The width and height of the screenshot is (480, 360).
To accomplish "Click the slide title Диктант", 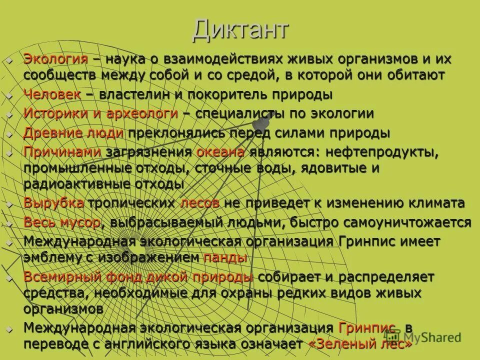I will pyautogui.click(x=240, y=30).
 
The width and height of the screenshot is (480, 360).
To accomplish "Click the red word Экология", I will pyautogui.click(x=55, y=59).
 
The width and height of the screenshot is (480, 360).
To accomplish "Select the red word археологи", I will pyautogui.click(x=142, y=113).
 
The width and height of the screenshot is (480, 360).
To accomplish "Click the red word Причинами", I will pyautogui.click(x=62, y=152).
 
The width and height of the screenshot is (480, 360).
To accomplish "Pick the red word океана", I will pyautogui.click(x=220, y=152).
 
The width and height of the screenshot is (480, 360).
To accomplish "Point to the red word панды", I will pyautogui.click(x=225, y=258).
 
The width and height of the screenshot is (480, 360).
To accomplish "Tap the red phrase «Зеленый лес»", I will pyautogui.click(x=360, y=344).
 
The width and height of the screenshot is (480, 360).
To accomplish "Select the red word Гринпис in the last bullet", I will pyautogui.click(x=368, y=328).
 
